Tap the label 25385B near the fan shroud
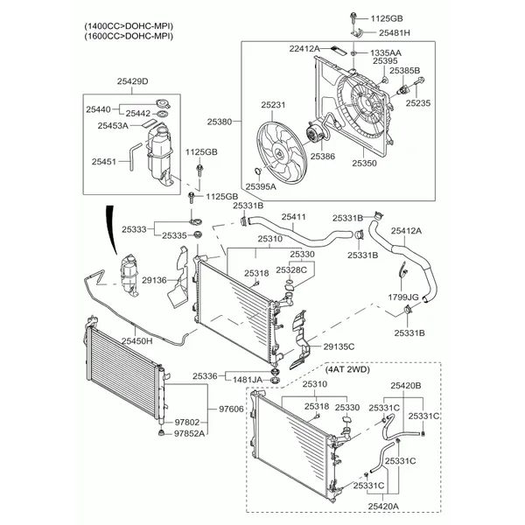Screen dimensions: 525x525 pyautogui.click(x=404, y=70)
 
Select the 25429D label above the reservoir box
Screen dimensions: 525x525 pyautogui.click(x=133, y=81)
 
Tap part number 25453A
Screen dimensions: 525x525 pyautogui.click(x=112, y=126)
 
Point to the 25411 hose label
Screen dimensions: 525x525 pyautogui.click(x=293, y=217)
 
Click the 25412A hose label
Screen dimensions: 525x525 pyautogui.click(x=406, y=231)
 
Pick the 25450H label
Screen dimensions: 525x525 pyautogui.click(x=136, y=340)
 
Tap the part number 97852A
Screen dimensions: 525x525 pyautogui.click(x=189, y=433)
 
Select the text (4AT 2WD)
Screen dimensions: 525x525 pyautogui.click(x=348, y=369)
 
